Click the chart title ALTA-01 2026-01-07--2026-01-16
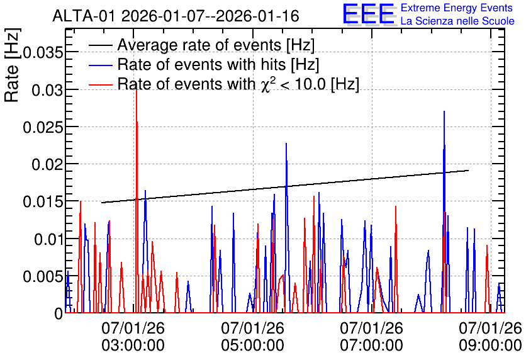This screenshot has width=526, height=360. tap(176, 16)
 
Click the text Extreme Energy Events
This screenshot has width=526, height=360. tap(457, 8)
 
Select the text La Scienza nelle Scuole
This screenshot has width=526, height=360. tap(457, 21)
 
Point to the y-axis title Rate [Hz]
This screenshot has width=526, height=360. tap(13, 65)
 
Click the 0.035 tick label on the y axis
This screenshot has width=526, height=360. tap(43, 52)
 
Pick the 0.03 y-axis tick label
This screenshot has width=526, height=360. tap(47, 90)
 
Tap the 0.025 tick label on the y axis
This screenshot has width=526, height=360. tap(43, 127)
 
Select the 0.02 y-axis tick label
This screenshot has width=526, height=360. tap(47, 164)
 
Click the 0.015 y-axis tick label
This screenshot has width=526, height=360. tap(43, 201)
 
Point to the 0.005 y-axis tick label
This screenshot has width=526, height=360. tap(43, 276)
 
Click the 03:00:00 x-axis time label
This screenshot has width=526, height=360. tap(133, 346)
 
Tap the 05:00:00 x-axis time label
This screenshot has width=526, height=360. tap(252, 346)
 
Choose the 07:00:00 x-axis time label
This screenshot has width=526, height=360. tap(371, 346)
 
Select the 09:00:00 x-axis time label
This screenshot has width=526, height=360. tap(490, 346)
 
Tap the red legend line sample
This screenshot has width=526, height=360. tap(100, 84)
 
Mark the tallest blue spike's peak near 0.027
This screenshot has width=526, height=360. tap(444, 111)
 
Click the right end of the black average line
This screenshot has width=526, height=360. tap(468, 171)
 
